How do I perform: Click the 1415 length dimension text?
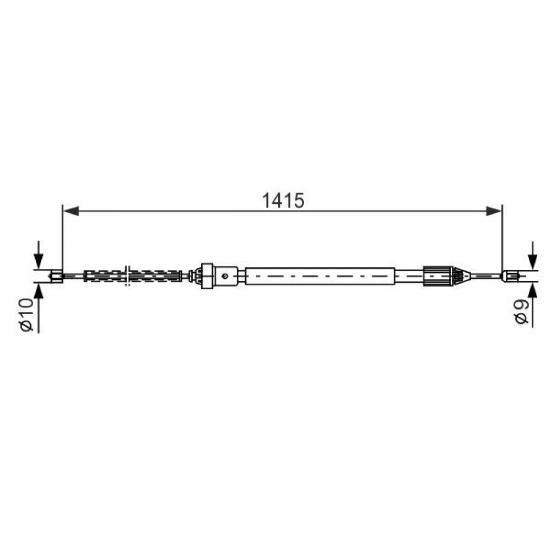pyautogui.click(x=283, y=201)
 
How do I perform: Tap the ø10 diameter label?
pyautogui.click(x=27, y=315)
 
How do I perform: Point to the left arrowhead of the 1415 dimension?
pyautogui.click(x=71, y=211)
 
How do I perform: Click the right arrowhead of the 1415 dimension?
pyautogui.click(x=494, y=211)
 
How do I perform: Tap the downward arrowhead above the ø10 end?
pyautogui.click(x=39, y=261)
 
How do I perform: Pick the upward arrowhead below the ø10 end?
pyautogui.click(x=39, y=290)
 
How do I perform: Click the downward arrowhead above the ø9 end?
pyautogui.click(x=533, y=261)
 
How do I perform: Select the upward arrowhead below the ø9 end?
pyautogui.click(x=533, y=290)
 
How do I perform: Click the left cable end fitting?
pyautogui.click(x=57, y=276)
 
